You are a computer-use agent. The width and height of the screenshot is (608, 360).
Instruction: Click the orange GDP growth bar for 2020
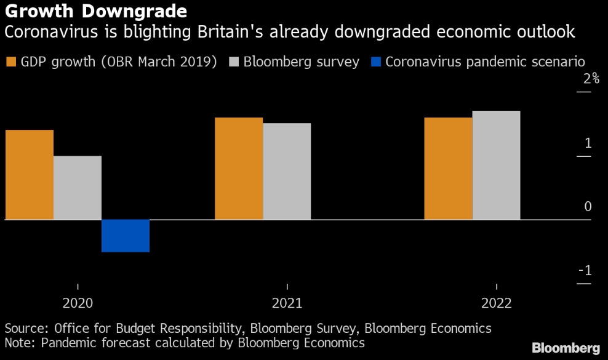click(30, 175)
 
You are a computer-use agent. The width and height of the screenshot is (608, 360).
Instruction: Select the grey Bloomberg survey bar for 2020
click(78, 188)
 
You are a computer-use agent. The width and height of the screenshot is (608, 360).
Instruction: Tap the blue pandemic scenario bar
click(126, 236)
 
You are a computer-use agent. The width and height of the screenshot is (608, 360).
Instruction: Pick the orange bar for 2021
click(239, 169)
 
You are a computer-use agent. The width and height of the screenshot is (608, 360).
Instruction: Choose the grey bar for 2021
click(287, 172)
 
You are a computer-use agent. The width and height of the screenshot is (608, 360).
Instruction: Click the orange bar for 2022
click(449, 169)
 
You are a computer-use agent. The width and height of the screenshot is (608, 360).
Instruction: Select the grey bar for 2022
click(497, 165)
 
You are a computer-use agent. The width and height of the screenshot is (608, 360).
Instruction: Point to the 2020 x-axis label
click(78, 303)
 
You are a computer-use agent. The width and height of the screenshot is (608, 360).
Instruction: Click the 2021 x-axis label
click(287, 303)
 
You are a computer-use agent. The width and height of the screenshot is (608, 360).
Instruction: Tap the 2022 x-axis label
click(496, 303)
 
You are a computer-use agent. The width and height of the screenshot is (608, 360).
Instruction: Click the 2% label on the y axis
click(591, 79)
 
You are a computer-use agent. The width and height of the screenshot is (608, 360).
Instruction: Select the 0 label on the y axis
click(588, 207)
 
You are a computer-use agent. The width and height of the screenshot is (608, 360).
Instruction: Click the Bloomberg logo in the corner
click(566, 348)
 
